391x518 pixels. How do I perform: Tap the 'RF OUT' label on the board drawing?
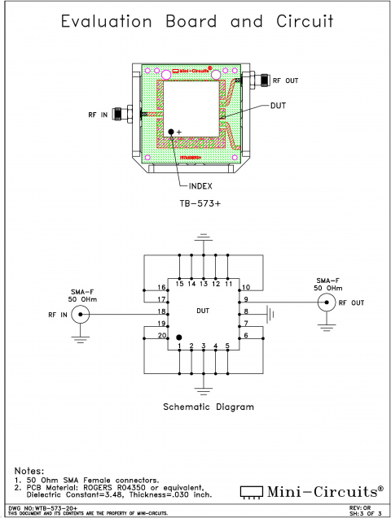pos(286,81)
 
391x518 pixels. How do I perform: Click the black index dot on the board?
pos(171,131)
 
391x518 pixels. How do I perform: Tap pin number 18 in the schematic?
pos(162,311)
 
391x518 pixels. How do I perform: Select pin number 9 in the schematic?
pos(246,300)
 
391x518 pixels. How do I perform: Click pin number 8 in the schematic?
pos(246,311)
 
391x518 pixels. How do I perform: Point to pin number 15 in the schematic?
pos(179,283)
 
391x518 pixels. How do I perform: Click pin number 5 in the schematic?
pos(227,347)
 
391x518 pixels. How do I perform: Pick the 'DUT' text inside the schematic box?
pos(204,311)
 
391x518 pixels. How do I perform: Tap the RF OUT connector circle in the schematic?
pos(327,303)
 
